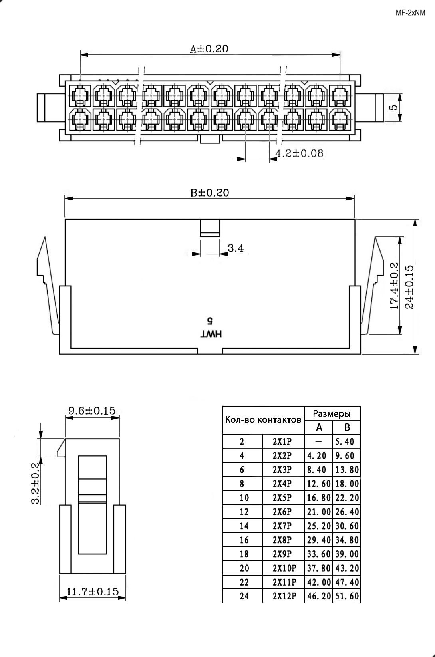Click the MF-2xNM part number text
[x=411, y=13]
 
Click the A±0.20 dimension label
[x=209, y=49]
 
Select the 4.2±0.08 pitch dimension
[x=299, y=153]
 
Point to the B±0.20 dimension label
[x=210, y=193]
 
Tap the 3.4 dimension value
[x=236, y=248]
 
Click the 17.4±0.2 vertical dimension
[x=394, y=286]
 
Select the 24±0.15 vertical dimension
[x=409, y=287]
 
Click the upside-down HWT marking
[x=211, y=334]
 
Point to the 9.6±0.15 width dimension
[x=92, y=411]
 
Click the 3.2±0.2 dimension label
[x=36, y=483]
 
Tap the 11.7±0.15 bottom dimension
[x=92, y=591]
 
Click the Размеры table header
[x=332, y=413]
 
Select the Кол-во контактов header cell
[x=263, y=420]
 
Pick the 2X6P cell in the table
[x=282, y=512]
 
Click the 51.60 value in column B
[x=347, y=596]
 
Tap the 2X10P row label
[x=284, y=568]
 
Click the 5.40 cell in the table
[x=345, y=442]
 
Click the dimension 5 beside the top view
[x=393, y=107]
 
